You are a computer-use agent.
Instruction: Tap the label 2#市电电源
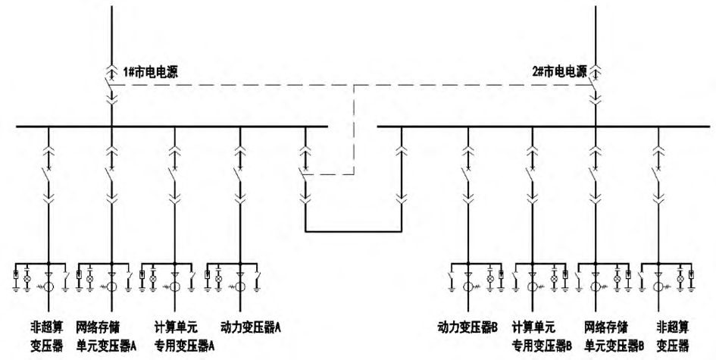[x=558, y=74]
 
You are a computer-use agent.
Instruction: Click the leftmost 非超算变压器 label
[x=47, y=336]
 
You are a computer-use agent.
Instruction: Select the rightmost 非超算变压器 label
[x=673, y=336]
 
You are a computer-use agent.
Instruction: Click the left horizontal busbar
[x=174, y=127]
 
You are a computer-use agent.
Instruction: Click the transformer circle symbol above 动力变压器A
[x=240, y=287]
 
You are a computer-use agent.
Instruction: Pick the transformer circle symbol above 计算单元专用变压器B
[x=533, y=287]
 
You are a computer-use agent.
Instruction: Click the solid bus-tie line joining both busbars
[x=353, y=230]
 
